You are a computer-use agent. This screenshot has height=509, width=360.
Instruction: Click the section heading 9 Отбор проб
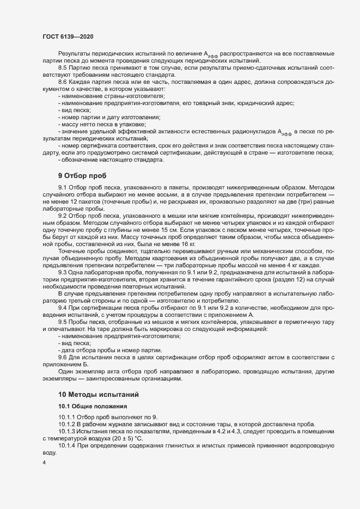[x=83, y=176]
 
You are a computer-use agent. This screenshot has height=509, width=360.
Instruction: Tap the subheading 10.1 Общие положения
[x=93, y=406]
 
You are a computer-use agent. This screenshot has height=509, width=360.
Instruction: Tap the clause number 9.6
[x=63, y=358]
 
